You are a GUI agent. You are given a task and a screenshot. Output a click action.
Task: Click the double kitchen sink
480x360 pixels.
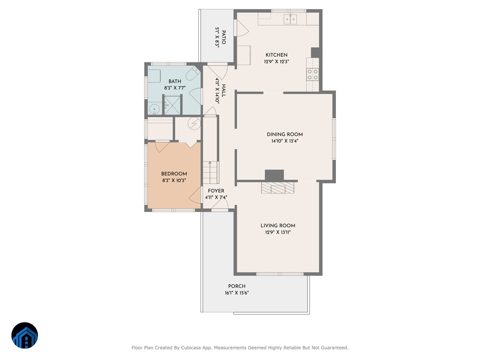pyautogui.click(x=290, y=18)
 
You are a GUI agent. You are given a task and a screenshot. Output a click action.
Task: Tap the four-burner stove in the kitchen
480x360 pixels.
pyautogui.click(x=312, y=74)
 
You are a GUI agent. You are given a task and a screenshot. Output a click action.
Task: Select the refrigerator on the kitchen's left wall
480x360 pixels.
pyautogui.click(x=244, y=55)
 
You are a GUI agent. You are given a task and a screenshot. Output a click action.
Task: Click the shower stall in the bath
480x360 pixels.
pyautogui.click(x=173, y=105)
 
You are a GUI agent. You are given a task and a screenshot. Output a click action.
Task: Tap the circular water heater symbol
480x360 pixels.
pyautogui.click(x=194, y=124)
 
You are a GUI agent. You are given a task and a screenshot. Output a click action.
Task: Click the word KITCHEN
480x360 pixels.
pyautogui.click(x=276, y=55)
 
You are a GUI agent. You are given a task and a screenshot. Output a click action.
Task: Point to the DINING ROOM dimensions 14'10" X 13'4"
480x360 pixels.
pyautogui.click(x=284, y=141)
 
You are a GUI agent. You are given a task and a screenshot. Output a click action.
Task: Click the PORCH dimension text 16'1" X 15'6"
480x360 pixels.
pyautogui.click(x=237, y=293)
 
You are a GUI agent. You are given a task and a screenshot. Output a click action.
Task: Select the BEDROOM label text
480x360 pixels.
pyautogui.click(x=174, y=174)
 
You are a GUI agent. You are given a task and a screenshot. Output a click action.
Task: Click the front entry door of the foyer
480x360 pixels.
pyautogui.click(x=220, y=206)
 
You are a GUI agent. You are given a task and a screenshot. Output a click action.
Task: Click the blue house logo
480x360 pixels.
pyautogui.click(x=25, y=335)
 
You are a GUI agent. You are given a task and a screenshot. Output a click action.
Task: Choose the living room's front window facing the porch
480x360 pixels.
pyautogui.click(x=280, y=274)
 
